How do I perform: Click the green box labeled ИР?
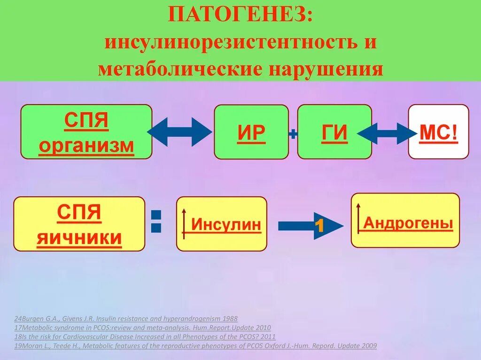(251, 132)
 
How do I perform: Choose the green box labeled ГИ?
(334, 132)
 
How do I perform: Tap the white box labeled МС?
(438, 132)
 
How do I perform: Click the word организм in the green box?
(86, 146)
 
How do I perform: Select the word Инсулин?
(226, 225)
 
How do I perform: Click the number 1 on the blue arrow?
(319, 226)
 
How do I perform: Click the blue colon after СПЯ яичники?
(156, 222)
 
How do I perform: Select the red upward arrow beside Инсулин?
(184, 223)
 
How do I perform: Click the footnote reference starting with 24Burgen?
(126, 319)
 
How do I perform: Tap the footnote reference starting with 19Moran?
(195, 346)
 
